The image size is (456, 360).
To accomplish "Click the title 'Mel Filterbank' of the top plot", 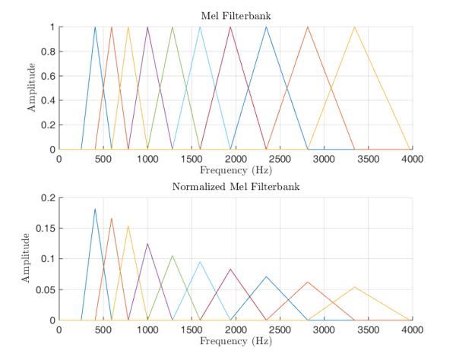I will [x=236, y=14].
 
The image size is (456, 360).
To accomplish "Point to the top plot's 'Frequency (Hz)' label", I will [x=236, y=171].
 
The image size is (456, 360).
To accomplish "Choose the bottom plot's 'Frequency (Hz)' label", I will [x=236, y=342].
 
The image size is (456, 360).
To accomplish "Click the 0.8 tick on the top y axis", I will [x=48, y=52].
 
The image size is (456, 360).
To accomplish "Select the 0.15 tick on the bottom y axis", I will [x=46, y=229].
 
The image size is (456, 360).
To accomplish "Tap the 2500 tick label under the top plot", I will [x=280, y=159].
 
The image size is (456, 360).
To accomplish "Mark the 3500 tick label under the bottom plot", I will [x=368, y=330].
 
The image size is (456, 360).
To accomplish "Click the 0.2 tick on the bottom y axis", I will [x=48, y=197].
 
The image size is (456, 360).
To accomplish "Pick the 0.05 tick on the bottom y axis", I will [x=46, y=289].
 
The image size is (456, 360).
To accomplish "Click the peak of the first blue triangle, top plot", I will [x=95, y=27].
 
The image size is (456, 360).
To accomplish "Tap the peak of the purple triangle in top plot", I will [x=147, y=27].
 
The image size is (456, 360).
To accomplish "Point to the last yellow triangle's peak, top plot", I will [x=355, y=27].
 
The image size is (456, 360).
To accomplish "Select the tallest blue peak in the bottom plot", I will [x=95, y=209].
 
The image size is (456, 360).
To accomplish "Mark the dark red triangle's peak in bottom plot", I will [x=230, y=269].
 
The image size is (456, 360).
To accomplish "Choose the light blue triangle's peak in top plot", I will [x=200, y=27].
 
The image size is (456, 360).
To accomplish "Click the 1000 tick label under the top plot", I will [x=147, y=159].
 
